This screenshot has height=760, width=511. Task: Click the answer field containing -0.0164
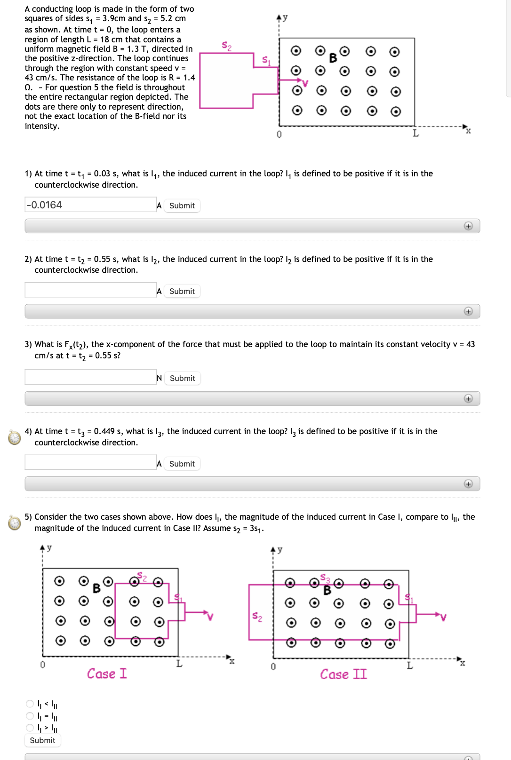90,205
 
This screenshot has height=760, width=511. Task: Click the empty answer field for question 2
90,290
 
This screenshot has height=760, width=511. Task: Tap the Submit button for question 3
182,378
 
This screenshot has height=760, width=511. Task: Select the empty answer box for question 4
90,463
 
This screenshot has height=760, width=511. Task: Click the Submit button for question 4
182,464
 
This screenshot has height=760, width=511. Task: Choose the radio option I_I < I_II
30,704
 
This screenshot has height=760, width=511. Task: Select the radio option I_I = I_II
30,716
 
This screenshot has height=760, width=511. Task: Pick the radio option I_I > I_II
30,728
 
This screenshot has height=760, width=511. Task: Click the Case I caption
107,673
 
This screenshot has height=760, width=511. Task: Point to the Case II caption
343,674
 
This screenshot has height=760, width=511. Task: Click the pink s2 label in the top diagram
226,46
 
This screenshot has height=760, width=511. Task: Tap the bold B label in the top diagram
333,58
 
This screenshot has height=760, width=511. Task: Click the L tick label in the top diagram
415,134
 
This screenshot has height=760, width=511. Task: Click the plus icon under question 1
468,226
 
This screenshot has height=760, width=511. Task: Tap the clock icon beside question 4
15,437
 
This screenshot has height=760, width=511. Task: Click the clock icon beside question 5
15,522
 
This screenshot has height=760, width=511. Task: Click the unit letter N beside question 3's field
159,378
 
